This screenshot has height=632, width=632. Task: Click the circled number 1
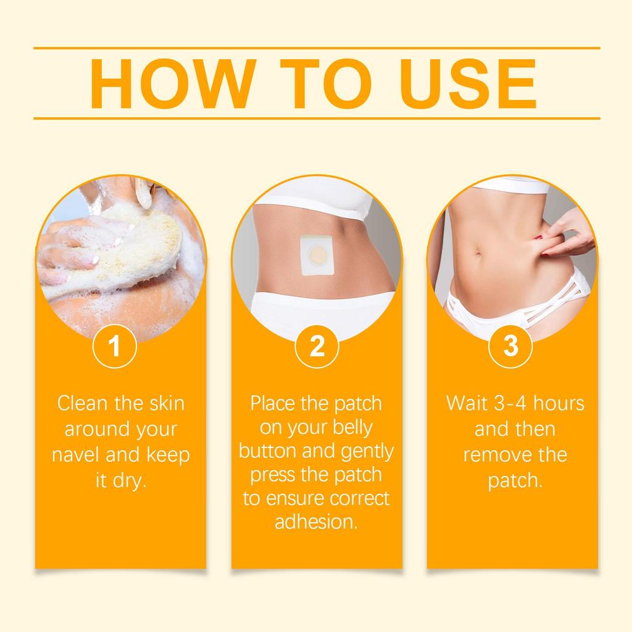point(114,347)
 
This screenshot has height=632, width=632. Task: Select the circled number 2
point(317,347)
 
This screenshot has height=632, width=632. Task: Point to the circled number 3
point(511,347)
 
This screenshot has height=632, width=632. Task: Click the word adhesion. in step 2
point(316,522)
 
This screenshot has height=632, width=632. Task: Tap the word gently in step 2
point(367,451)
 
